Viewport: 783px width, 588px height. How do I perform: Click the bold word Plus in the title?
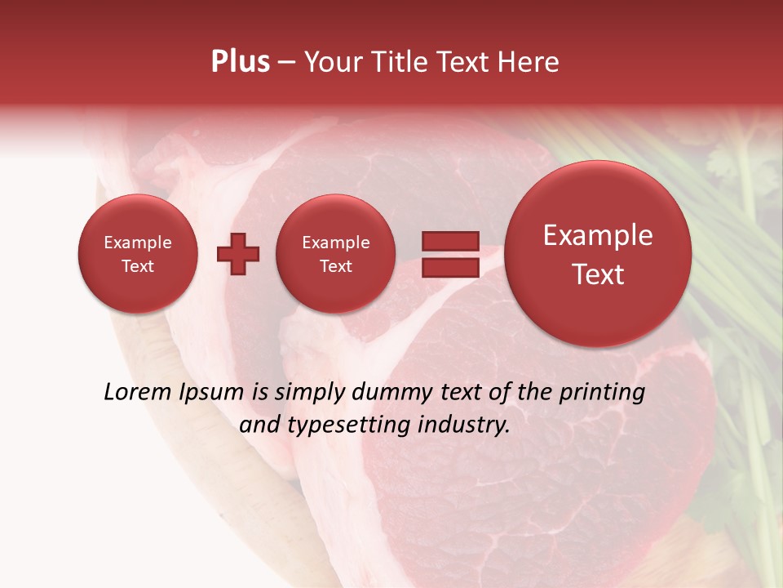[x=240, y=62]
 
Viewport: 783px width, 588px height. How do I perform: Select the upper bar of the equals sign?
[x=449, y=241]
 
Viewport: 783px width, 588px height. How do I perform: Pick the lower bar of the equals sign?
[x=449, y=268]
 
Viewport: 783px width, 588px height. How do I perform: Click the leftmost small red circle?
[x=137, y=253]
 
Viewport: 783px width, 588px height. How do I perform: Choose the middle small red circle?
[x=335, y=253]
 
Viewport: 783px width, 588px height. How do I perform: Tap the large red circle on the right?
[x=598, y=254]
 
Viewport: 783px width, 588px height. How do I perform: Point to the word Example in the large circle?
[x=598, y=235]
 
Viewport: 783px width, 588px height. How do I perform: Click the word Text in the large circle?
[x=598, y=274]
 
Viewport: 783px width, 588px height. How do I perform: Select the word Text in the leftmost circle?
[x=137, y=266]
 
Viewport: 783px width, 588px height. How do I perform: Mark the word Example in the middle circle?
[x=335, y=243]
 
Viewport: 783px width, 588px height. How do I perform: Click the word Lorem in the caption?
[x=138, y=393]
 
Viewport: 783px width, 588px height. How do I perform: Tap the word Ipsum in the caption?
[x=212, y=393]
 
